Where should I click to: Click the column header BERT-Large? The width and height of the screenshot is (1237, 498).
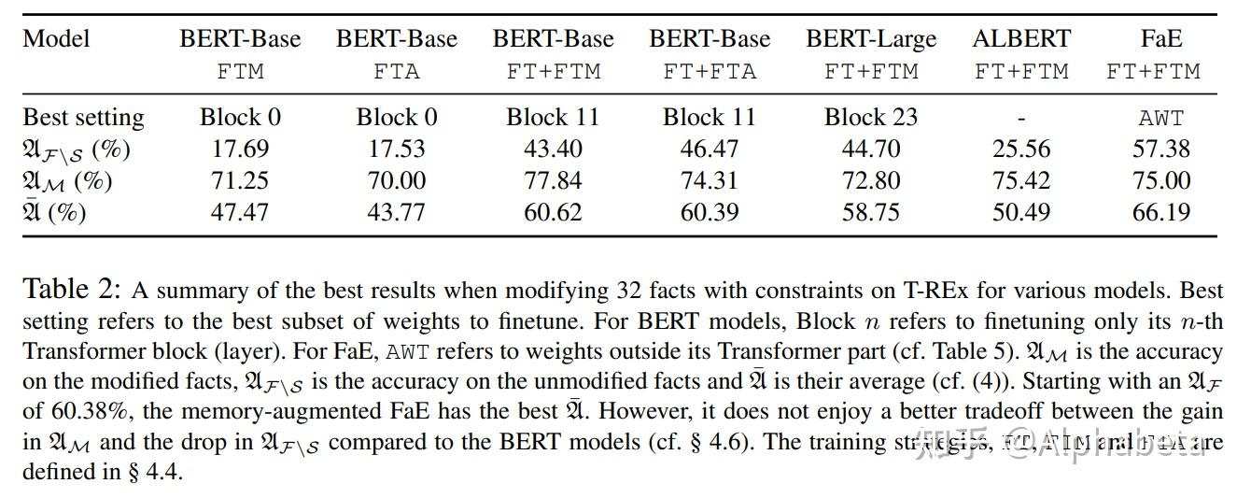(870, 39)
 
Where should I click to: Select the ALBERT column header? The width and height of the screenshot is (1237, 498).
(1021, 39)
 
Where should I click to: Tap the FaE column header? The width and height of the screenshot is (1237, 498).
(1160, 39)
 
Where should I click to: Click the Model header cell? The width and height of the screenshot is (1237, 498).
(57, 39)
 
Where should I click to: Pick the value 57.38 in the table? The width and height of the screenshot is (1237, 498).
(1160, 149)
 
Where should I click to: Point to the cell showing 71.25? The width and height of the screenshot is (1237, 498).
(240, 180)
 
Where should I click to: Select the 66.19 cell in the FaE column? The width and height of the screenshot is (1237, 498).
(1160, 212)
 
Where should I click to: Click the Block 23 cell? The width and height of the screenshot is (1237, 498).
(870, 118)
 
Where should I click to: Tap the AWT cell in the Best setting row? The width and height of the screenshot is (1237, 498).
(1160, 119)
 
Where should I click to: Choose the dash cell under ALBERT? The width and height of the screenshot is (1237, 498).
(1021, 119)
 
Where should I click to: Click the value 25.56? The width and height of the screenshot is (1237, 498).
(1021, 149)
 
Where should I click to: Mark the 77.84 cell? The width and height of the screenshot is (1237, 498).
(553, 180)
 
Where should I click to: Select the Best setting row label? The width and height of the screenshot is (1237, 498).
(83, 118)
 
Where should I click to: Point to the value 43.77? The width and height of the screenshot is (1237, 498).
(397, 212)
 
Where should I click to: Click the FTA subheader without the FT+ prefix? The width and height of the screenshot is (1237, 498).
(397, 71)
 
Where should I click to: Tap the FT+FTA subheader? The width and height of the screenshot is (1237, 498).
(710, 71)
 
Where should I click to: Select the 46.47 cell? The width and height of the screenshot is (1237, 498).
(710, 149)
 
